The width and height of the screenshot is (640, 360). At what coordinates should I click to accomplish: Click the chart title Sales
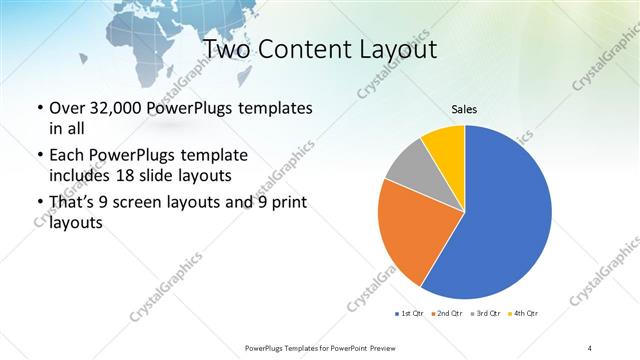[464, 108]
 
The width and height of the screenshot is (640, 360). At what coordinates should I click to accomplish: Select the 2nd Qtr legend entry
[446, 314]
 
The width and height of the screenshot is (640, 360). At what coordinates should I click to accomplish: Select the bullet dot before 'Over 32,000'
[39, 109]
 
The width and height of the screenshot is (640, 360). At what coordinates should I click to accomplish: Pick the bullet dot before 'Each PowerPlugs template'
[39, 157]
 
